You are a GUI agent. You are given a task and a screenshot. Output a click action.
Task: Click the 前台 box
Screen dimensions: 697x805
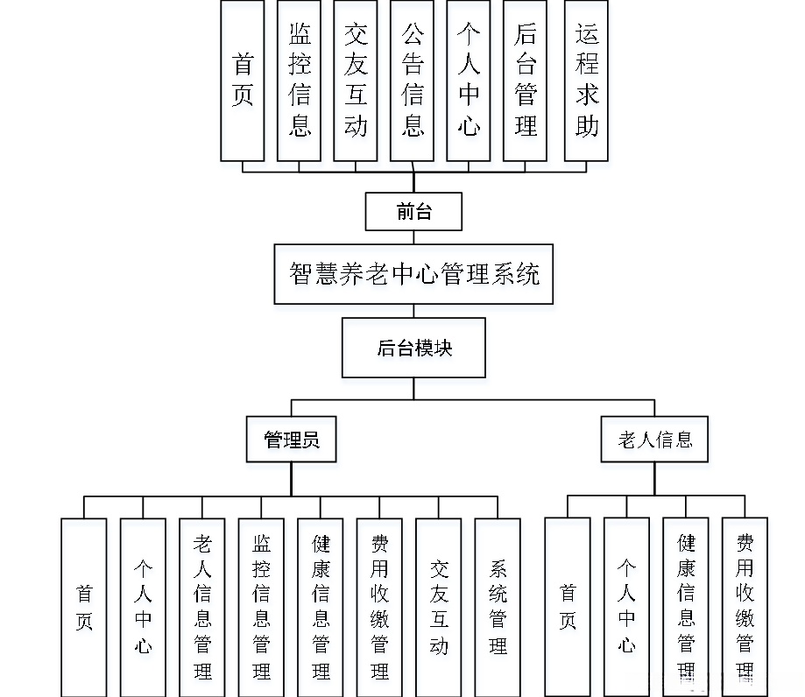point(413,211)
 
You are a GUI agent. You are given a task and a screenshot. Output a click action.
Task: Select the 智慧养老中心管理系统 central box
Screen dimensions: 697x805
point(413,274)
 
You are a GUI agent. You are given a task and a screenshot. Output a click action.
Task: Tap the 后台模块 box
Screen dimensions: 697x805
point(413,348)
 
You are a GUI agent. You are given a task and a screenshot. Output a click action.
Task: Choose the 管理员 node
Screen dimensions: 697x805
point(292,439)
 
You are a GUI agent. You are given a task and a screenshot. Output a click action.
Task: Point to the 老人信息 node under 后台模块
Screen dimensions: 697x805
point(654,439)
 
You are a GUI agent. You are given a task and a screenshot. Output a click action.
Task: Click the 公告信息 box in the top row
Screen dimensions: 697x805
point(412,81)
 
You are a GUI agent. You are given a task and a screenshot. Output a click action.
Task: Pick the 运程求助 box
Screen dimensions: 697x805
point(586,81)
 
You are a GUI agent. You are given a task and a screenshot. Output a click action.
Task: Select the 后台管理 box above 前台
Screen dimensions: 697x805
point(526,81)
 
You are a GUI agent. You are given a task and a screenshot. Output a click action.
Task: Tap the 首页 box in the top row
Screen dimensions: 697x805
point(243,81)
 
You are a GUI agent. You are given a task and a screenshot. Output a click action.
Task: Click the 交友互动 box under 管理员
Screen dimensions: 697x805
point(439,607)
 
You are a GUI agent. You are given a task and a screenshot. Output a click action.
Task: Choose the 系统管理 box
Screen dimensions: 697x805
point(498,607)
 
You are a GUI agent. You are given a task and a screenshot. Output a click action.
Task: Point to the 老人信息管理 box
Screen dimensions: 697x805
point(202,607)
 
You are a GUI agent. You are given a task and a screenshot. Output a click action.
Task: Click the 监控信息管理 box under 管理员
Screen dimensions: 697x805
point(261,607)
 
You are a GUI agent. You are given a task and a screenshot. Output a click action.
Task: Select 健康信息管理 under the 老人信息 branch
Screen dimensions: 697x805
point(685,607)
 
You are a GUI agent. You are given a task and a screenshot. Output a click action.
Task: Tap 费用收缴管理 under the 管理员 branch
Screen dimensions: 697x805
point(379,607)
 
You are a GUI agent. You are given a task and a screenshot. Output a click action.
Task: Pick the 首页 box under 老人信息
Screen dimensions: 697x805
point(568,607)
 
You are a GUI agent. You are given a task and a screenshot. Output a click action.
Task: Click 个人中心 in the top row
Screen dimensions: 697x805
point(469,81)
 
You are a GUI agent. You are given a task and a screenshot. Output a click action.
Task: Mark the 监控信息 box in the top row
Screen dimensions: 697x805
point(300,81)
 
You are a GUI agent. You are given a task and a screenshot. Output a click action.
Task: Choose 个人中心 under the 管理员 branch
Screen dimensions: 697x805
point(143,607)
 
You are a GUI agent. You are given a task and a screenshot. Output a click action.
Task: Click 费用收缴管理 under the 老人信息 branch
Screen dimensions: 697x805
point(745,607)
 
